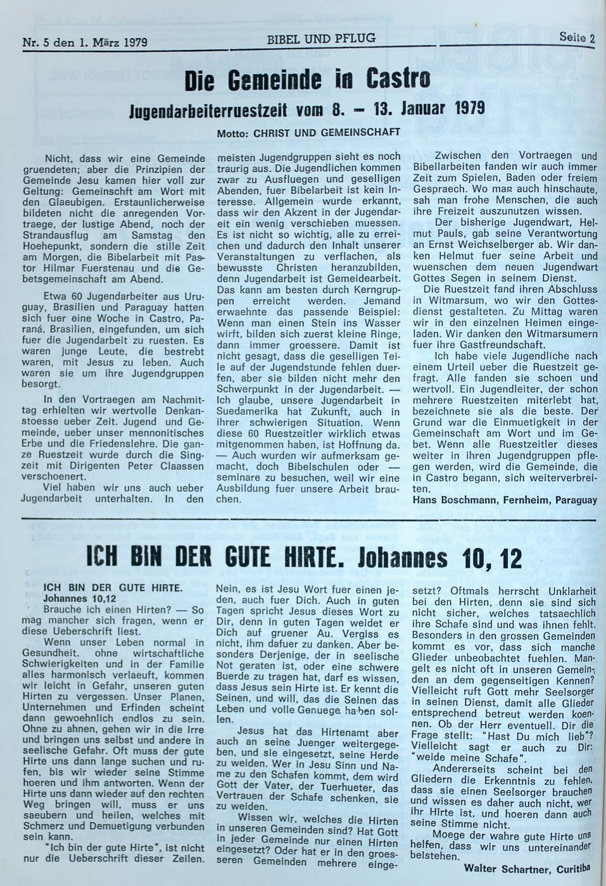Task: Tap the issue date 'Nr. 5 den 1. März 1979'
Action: coord(85,42)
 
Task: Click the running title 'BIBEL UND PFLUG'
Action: coord(321,39)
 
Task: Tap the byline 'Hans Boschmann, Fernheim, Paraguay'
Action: coord(504,499)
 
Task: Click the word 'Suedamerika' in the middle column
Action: coord(248,411)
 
